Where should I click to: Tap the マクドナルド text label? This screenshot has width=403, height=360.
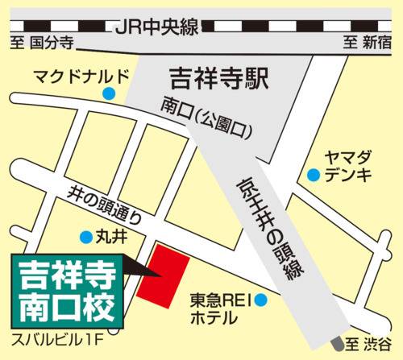point(81,77)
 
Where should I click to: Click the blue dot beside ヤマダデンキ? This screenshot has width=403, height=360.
point(313,173)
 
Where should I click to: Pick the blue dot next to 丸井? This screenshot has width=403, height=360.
point(85,237)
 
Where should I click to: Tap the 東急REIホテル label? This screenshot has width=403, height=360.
point(218,310)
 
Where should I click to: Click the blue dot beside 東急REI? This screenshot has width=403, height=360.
point(261,300)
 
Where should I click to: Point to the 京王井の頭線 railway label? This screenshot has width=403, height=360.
point(266,230)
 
